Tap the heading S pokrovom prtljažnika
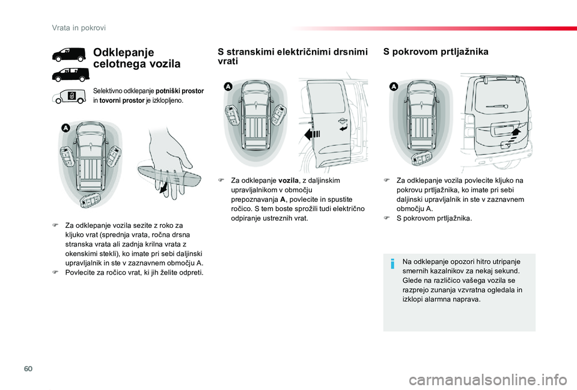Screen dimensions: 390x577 click(x=435, y=52)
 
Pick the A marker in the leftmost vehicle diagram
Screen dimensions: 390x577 click(x=65, y=128)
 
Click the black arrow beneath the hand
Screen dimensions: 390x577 click(x=164, y=188)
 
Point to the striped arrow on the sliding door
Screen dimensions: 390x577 click(x=313, y=133)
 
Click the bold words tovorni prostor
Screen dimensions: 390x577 click(x=123, y=100)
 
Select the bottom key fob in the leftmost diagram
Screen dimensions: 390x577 click(x=90, y=201)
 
